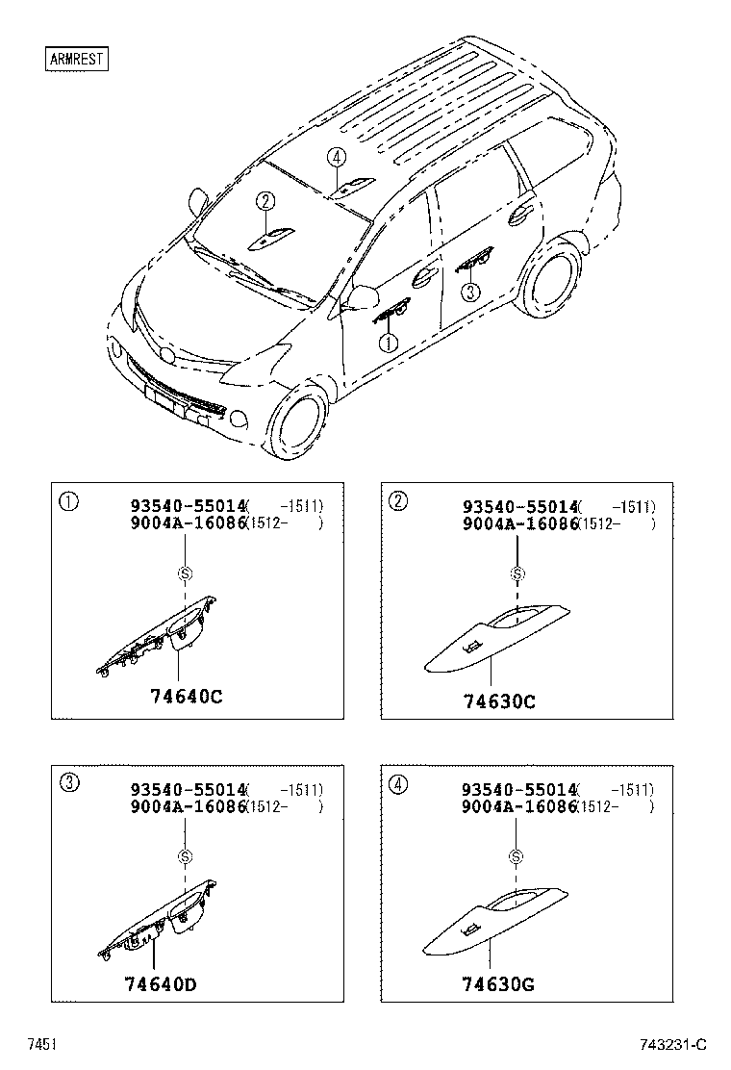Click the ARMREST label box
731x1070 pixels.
77,59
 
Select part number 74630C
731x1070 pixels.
498,701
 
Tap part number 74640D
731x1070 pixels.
161,984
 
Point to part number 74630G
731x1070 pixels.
498,984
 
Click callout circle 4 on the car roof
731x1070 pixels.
335,158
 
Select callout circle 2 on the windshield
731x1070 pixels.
265,201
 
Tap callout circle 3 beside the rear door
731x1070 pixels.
469,292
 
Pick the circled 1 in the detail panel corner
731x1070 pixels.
68,500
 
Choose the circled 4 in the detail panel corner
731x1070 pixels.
397,783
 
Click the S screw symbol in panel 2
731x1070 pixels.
517,574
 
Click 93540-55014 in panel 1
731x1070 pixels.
189,506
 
